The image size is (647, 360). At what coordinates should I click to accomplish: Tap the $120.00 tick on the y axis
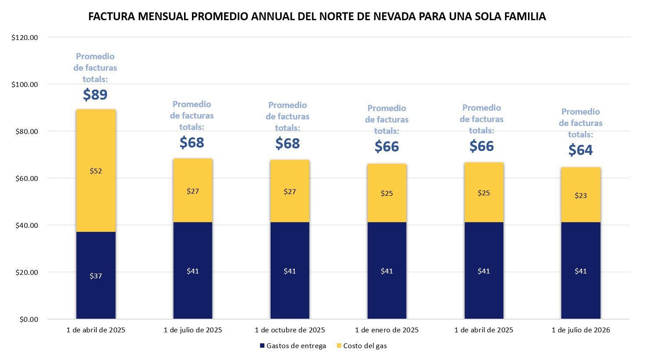tap(25, 38)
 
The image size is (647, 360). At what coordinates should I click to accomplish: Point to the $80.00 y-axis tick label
tap(25, 132)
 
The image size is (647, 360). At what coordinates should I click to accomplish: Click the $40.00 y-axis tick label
tap(25, 226)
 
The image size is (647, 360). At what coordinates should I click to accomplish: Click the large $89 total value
tap(95, 95)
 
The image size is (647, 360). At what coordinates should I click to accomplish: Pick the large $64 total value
tap(580, 150)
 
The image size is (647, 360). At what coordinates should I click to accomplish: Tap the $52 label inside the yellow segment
tap(96, 171)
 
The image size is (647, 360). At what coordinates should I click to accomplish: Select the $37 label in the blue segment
tap(96, 276)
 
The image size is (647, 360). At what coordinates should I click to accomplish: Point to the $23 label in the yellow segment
tap(580, 196)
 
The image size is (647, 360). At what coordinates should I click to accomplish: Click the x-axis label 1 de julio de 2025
tap(193, 330)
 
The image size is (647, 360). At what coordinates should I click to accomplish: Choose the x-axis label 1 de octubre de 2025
tap(290, 330)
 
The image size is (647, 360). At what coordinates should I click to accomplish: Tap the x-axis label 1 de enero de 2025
tap(387, 330)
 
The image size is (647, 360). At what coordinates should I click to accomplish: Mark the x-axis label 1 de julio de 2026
tap(580, 330)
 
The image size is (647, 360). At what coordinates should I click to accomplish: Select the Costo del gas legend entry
tap(365, 346)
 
